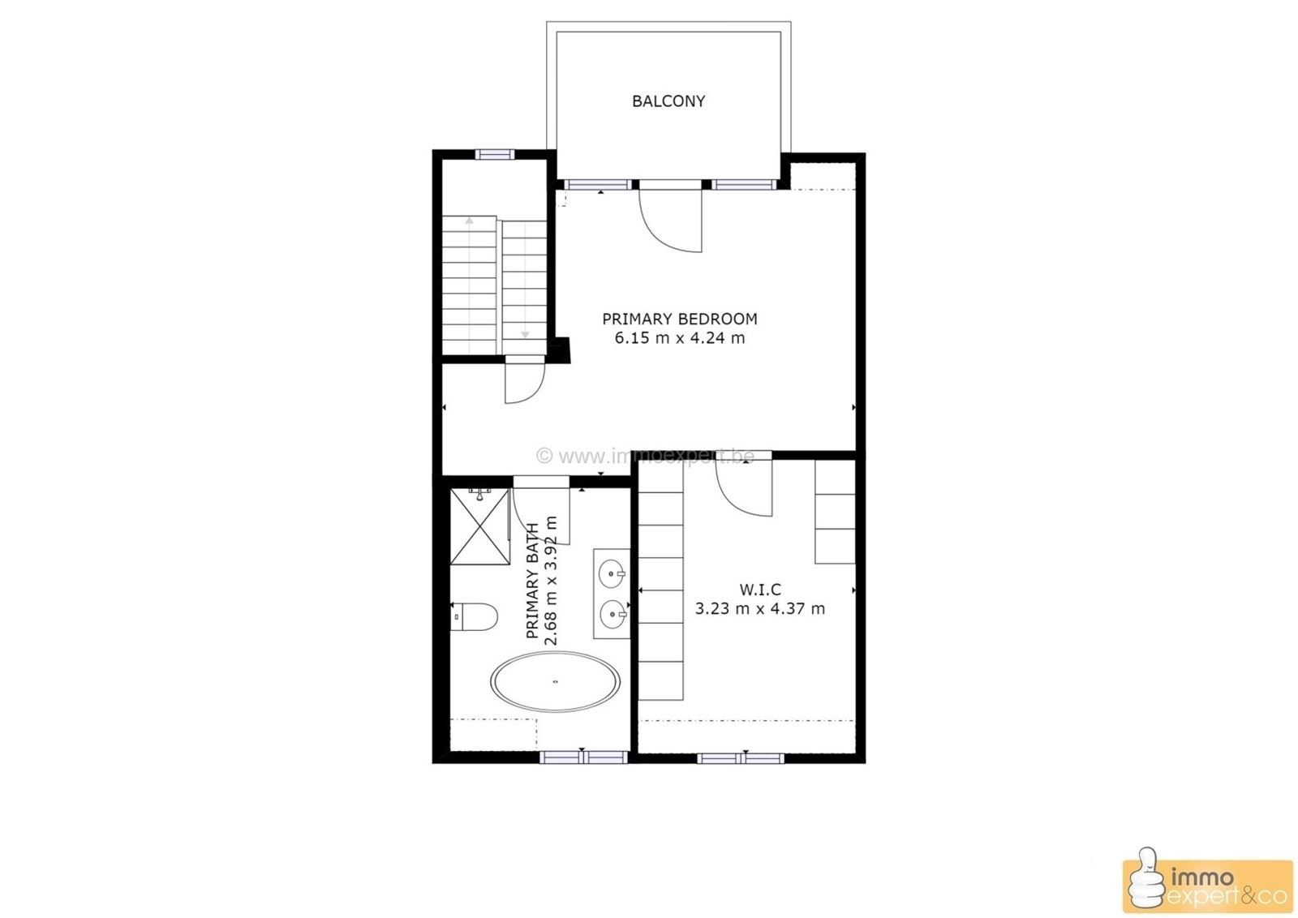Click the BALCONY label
click(x=668, y=101)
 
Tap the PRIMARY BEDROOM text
click(x=679, y=319)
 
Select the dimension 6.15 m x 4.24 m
click(x=679, y=338)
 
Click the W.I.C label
click(x=760, y=590)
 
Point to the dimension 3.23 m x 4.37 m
click(x=760, y=608)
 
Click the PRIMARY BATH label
click(x=533, y=581)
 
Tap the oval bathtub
click(x=556, y=682)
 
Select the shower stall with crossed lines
click(x=479, y=526)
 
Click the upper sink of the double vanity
click(x=611, y=574)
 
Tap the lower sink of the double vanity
click(x=611, y=614)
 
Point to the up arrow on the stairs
click(x=469, y=221)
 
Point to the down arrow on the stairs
click(x=525, y=332)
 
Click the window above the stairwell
click(x=495, y=154)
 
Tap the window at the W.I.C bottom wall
click(x=741, y=758)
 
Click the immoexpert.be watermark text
click(x=647, y=457)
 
